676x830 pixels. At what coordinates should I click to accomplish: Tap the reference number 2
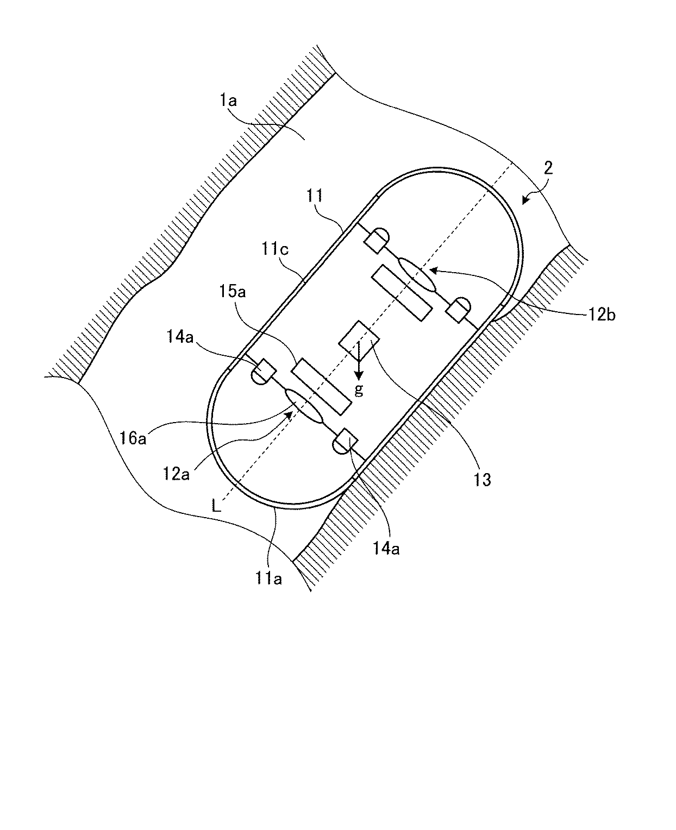(x=548, y=168)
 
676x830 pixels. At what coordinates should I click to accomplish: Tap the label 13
(x=483, y=479)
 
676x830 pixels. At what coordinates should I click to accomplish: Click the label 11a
(x=270, y=579)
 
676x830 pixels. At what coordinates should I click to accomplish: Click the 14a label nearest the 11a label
(x=388, y=549)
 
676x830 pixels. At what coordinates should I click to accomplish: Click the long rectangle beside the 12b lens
(x=402, y=292)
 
